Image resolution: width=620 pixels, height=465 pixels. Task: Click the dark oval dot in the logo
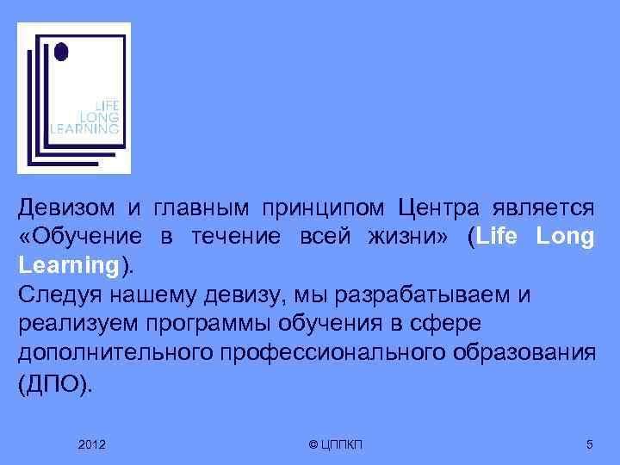pos(59,53)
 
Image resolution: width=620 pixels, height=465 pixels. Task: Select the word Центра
pos(437,208)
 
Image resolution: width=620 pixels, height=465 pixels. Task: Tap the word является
pos(542,208)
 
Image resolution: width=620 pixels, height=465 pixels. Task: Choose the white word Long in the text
pos(565,239)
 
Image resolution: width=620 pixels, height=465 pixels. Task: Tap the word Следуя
pos(56,295)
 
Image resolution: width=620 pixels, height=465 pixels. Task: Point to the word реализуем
pos(62,325)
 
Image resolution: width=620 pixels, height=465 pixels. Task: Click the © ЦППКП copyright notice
pos(336,444)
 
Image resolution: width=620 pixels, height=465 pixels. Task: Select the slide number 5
pos(589,444)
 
